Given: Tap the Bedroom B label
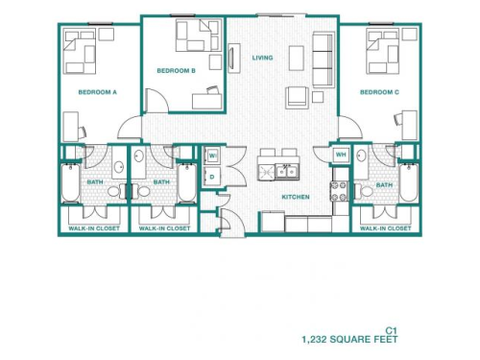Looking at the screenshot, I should coord(177,70).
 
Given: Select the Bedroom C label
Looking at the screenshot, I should coord(379,92).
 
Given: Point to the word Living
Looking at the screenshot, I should coord(262,58).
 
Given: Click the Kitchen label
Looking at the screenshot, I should coord(295,197).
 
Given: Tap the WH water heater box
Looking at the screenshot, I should coord(341,156).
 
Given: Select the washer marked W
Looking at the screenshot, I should coord(212,156).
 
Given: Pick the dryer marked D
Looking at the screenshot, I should coord(212,177).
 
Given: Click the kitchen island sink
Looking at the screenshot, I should coord(286,171).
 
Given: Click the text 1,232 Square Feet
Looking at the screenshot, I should coord(348,339).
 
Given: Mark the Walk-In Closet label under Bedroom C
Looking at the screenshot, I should coord(387,228).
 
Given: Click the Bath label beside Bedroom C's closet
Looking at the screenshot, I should coord(384,184).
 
